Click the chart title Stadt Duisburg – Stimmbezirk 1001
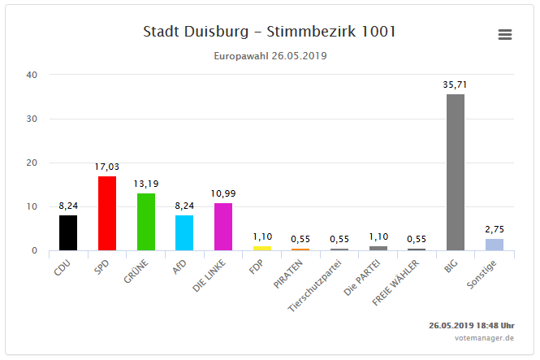pos(270,32)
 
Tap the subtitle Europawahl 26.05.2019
pos(270,56)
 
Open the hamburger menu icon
pos(505,34)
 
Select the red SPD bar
pos(107,213)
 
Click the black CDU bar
pos(68,232)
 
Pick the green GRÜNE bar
pos(146,221)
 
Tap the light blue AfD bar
pos(184,232)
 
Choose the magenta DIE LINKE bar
pos(223,226)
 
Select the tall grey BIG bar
pos(456,172)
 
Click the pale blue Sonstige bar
pos(495,244)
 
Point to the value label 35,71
pos(456,85)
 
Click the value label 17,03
pos(107,167)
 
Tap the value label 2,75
pos(495,230)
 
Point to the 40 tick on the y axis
pos(32,75)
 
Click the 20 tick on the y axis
pos(32,163)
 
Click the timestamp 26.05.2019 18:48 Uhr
pos(471,325)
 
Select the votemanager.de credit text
pos(484,337)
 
